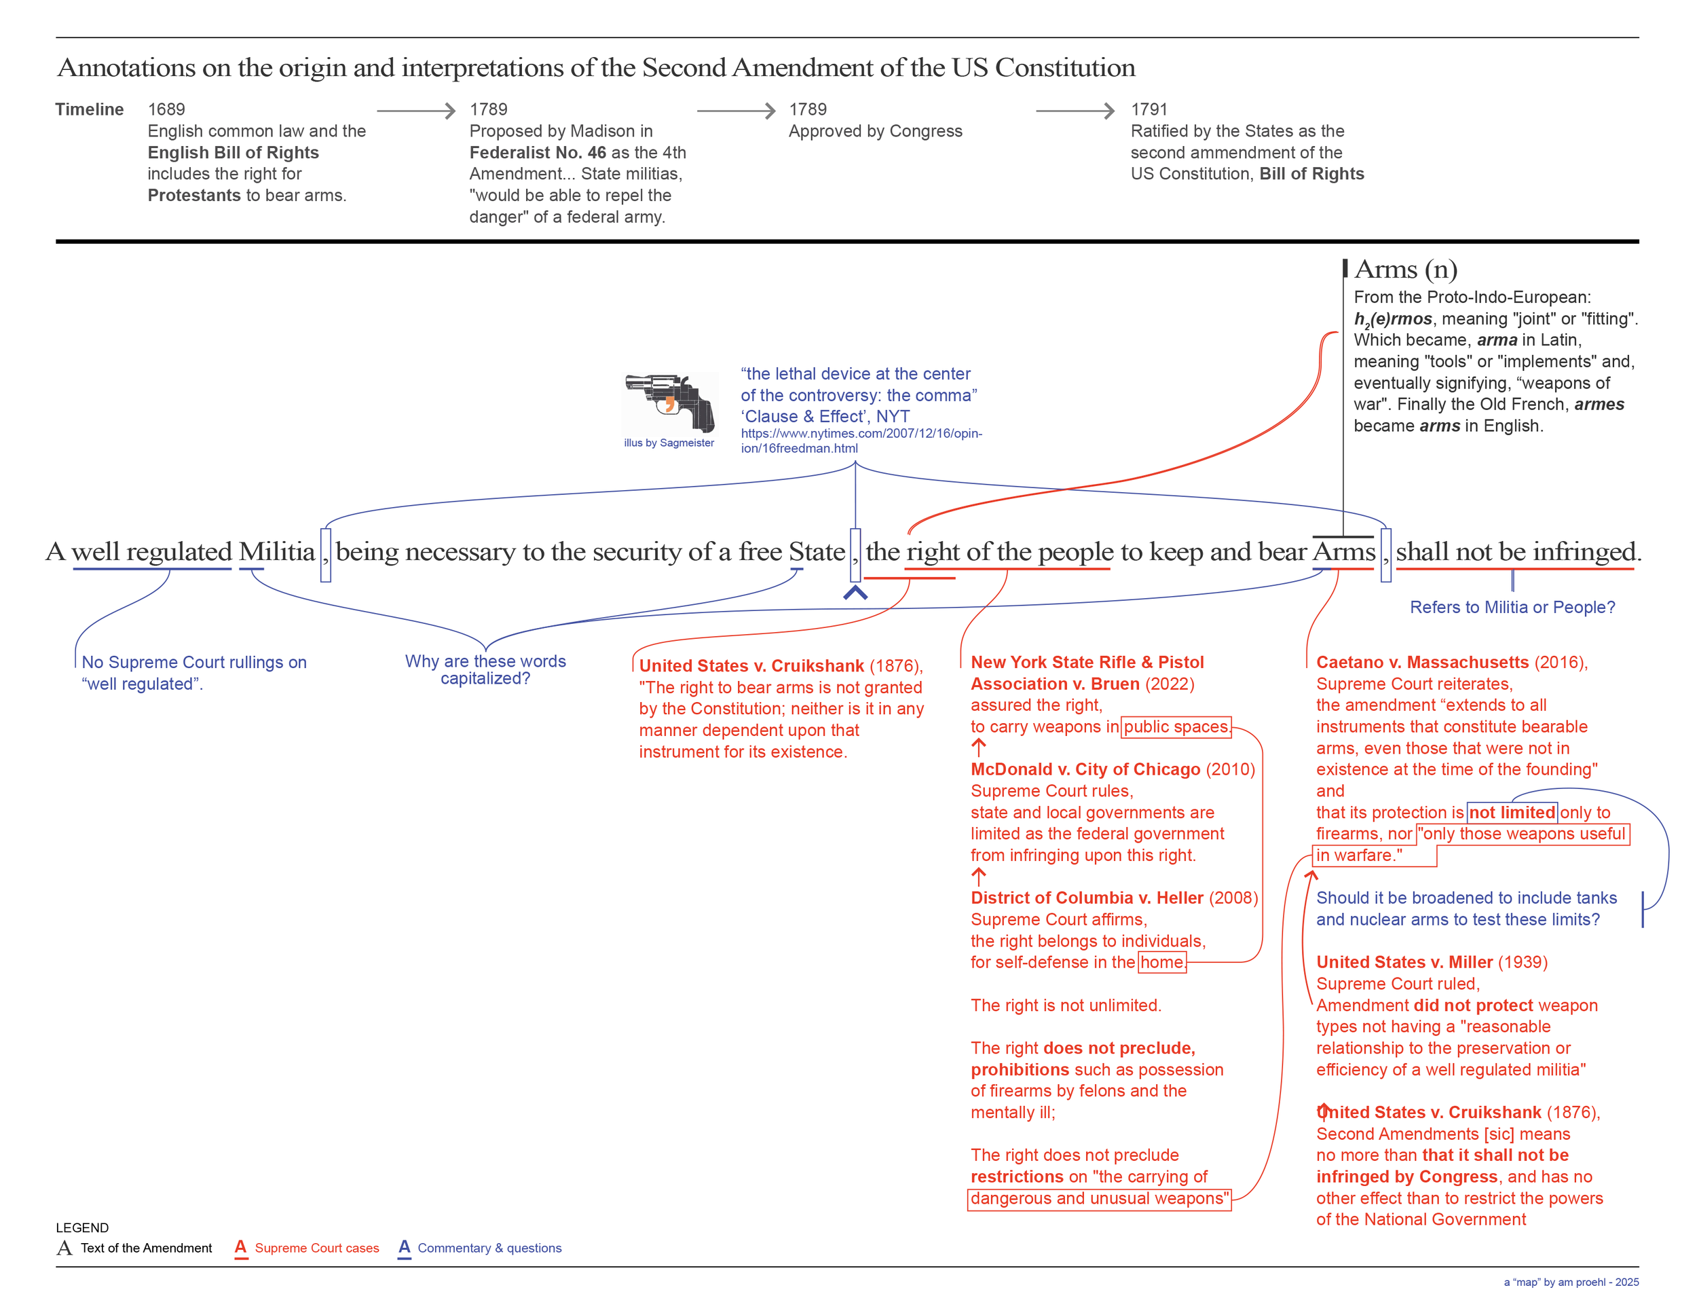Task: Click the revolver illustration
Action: coord(669,402)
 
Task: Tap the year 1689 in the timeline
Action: coord(166,109)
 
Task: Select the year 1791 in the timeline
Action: coord(1149,109)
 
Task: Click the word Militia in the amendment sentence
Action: coord(277,552)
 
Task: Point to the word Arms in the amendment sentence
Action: coord(1343,552)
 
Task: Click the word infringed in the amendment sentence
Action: coord(1584,552)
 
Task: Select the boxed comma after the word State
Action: coord(855,554)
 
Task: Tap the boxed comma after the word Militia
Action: coord(326,554)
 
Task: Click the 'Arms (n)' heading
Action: coord(1405,269)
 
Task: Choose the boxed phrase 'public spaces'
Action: coord(1176,726)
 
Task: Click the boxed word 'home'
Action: coord(1161,962)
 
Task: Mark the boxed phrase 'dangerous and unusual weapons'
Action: coord(1099,1198)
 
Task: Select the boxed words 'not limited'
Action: coord(1511,812)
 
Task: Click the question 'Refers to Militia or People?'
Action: coord(1511,608)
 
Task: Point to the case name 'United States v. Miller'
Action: coord(1403,962)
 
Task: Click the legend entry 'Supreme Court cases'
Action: coord(316,1248)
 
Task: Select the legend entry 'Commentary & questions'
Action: coord(489,1248)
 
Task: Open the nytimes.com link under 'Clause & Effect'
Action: coord(860,441)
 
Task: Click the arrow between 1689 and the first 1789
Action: coord(415,111)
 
